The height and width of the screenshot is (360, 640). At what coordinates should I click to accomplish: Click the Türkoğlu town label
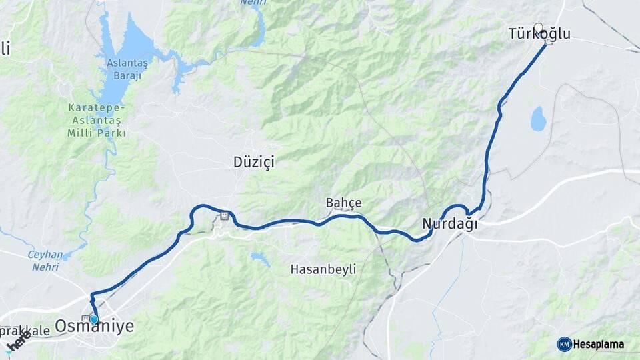pos(539,33)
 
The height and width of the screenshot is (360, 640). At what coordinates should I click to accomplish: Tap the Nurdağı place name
pos(450,225)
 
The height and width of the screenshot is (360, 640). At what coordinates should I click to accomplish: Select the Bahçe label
pos(343,203)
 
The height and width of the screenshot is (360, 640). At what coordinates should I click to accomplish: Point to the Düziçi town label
pos(254,161)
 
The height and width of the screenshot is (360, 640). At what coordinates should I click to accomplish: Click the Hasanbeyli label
pos(323,269)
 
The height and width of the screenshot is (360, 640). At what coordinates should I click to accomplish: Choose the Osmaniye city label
pos(94,326)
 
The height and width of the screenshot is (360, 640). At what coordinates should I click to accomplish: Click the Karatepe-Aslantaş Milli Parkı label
pos(97,120)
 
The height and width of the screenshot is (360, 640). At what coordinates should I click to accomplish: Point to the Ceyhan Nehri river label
pos(45,261)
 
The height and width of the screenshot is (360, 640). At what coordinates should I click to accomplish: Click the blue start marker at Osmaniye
pos(94,320)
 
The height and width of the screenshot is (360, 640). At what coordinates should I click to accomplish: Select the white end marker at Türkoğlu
pos(539,28)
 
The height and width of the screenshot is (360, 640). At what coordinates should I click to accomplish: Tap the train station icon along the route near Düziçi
pos(225,215)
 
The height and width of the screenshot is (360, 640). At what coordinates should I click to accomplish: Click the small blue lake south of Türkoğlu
pos(538,119)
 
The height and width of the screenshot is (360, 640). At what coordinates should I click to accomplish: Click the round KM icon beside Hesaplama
pos(564,344)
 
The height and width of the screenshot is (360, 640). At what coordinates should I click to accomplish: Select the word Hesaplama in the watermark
pos(598,344)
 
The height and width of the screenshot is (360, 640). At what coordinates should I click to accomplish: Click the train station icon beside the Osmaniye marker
pos(85,319)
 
